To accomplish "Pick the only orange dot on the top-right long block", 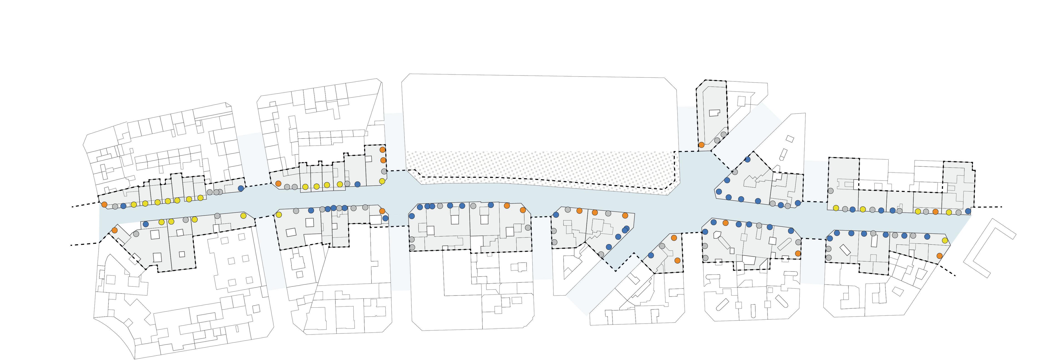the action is click(936, 212).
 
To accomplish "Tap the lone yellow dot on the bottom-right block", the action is click(945, 240).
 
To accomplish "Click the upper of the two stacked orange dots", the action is click(382, 150).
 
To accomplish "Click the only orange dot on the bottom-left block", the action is click(114, 230).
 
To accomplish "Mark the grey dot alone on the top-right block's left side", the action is click(830, 190).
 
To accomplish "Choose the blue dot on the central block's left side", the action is click(411, 216).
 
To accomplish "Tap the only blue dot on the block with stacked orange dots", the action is click(357, 184).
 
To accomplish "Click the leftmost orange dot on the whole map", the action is click(104, 204).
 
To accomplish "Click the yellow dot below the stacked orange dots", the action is click(382, 181).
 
